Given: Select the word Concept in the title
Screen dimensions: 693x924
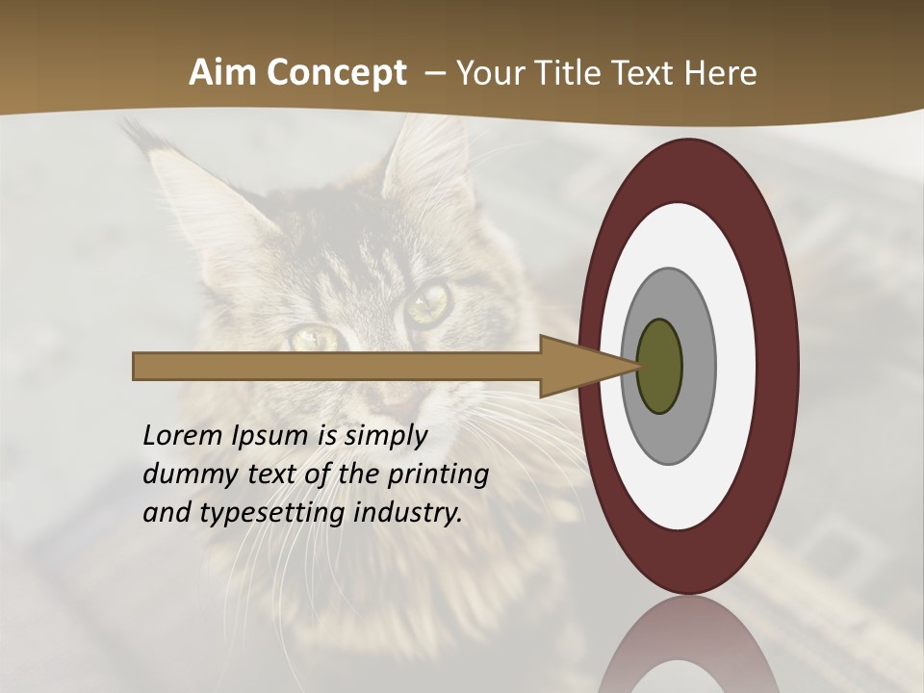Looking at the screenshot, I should pyautogui.click(x=337, y=73).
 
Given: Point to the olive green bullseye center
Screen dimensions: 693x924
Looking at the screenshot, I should pyautogui.click(x=659, y=367).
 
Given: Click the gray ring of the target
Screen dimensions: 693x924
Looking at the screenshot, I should pyautogui.click(x=698, y=366).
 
